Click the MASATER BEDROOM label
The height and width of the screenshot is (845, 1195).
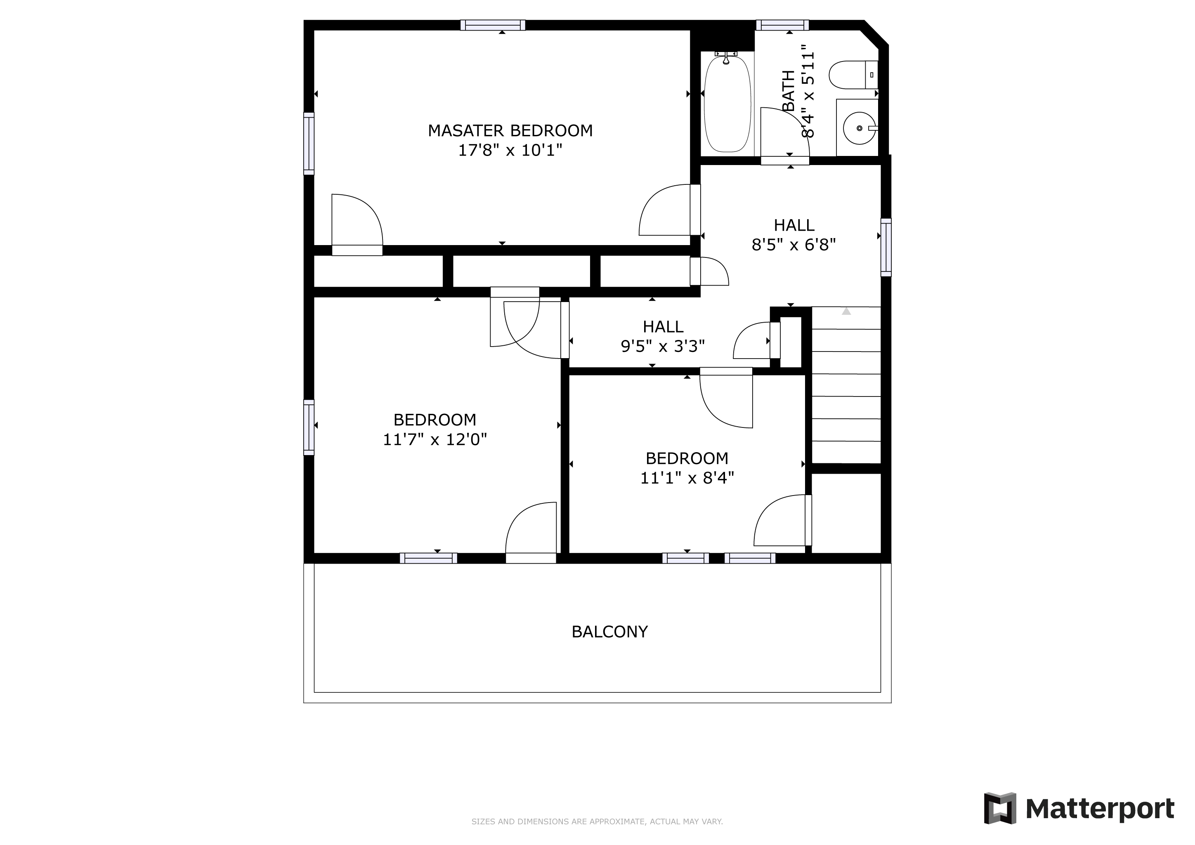[510, 131]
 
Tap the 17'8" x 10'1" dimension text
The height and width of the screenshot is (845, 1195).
[510, 150]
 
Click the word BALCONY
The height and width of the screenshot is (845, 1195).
[609, 632]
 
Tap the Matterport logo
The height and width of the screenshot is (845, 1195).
[1079, 809]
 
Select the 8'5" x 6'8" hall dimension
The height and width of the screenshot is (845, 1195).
[794, 245]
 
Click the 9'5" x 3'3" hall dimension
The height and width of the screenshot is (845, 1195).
[663, 346]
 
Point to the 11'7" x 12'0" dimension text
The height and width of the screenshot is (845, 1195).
[435, 440]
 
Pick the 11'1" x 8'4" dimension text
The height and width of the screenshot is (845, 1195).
[687, 478]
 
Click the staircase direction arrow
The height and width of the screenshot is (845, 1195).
[846, 311]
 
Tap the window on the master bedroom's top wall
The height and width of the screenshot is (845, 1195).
[493, 25]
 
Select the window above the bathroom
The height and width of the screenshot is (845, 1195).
[782, 25]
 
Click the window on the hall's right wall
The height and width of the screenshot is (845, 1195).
[886, 247]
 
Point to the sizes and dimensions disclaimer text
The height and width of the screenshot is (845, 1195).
[597, 821]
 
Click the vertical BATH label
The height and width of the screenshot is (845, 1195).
[789, 91]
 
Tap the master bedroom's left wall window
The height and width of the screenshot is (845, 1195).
[309, 144]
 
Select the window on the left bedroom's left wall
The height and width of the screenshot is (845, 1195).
[309, 427]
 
